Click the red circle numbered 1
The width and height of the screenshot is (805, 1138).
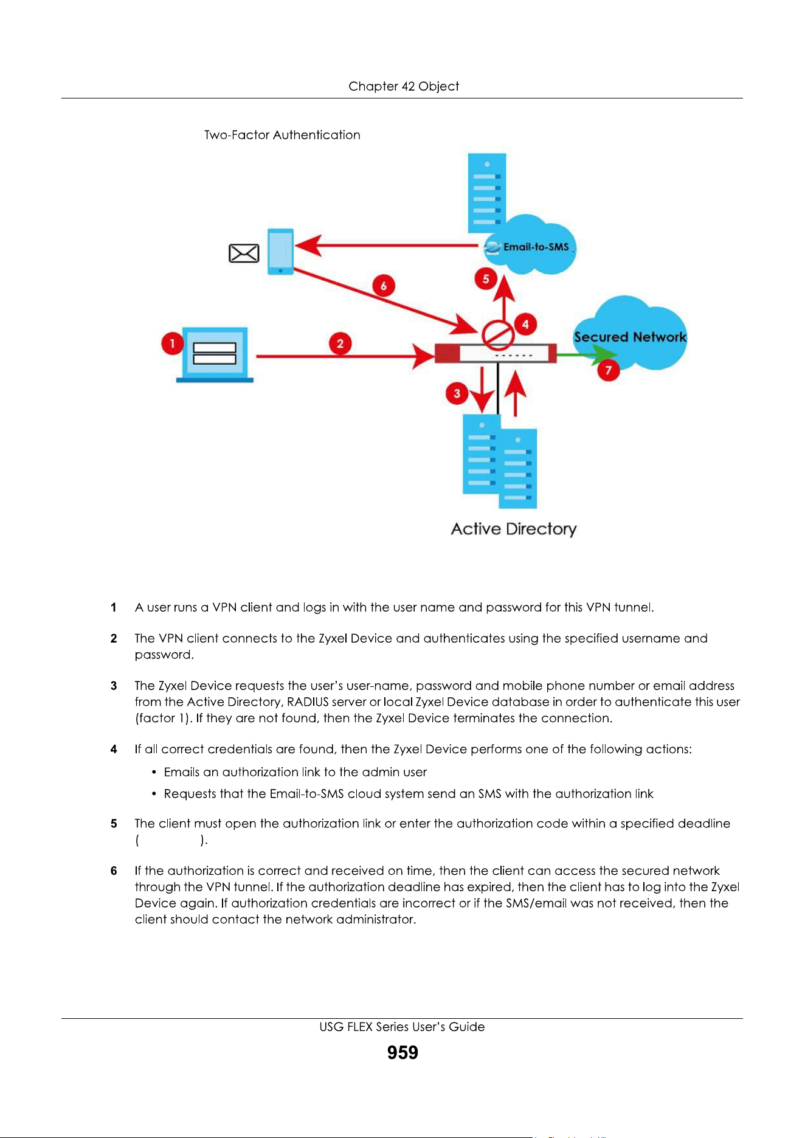(173, 344)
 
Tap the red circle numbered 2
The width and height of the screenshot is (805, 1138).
(340, 343)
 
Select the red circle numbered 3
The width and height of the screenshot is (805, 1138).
(457, 393)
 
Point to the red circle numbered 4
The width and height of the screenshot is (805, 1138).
(525, 324)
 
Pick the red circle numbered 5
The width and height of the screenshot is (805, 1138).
(486, 279)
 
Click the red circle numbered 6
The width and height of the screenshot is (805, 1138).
(384, 286)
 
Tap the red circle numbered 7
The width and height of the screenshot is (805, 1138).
(608, 370)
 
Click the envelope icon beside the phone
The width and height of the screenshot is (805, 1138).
(244, 253)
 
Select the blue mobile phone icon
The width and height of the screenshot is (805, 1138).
(281, 252)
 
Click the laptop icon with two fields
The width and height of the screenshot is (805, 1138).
(215, 355)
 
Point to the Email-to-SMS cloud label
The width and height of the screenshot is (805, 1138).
(536, 247)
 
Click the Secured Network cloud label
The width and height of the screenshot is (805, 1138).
(630, 337)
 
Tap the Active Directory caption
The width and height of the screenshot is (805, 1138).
(514, 529)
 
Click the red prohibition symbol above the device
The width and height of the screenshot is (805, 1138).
(498, 334)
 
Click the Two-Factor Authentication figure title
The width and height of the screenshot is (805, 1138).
(282, 135)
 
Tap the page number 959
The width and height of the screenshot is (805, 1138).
(402, 1052)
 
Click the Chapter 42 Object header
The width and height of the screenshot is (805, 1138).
(404, 86)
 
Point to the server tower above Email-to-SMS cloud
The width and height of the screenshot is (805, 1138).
(487, 193)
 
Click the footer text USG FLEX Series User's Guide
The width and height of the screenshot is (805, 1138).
(402, 1027)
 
